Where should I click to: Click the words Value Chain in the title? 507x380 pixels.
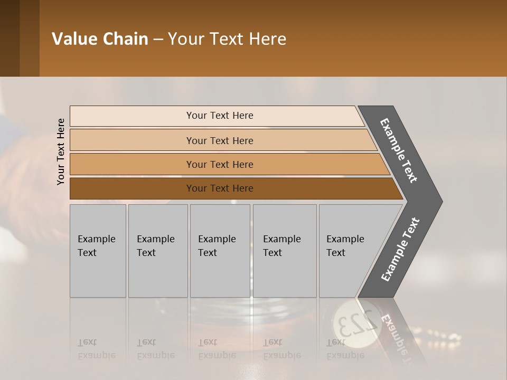(x=100, y=39)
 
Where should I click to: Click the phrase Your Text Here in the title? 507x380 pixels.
(x=227, y=39)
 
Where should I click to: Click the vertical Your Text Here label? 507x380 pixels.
(x=61, y=151)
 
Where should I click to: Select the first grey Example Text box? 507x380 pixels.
(x=98, y=251)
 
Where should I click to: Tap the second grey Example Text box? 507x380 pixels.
(x=158, y=251)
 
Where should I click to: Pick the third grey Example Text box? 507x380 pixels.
(x=220, y=251)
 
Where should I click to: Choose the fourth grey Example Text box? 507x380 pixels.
(x=285, y=251)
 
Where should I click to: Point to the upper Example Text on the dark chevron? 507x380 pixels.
(x=399, y=150)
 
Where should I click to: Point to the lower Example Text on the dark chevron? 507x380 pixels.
(x=400, y=250)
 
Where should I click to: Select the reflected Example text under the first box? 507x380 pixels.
(x=97, y=355)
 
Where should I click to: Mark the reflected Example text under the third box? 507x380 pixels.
(x=217, y=355)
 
